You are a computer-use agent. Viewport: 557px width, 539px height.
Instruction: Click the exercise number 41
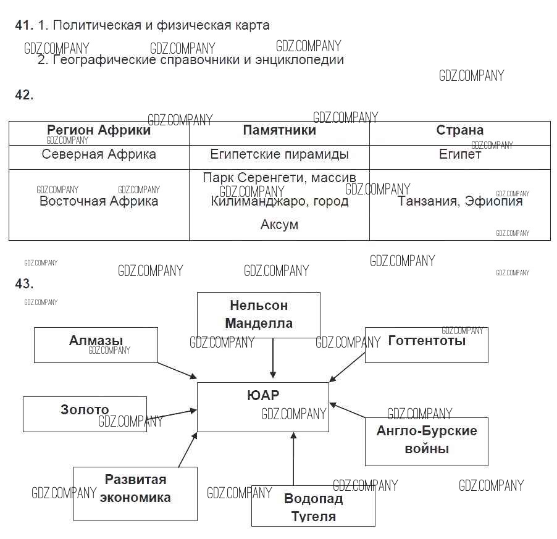(x=23, y=25)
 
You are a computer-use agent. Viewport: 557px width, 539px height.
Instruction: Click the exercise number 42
(x=23, y=95)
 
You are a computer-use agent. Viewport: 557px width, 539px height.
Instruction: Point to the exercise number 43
(x=23, y=283)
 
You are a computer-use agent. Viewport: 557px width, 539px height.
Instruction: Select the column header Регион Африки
(x=99, y=130)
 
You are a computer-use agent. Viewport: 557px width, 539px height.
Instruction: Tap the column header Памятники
(x=279, y=130)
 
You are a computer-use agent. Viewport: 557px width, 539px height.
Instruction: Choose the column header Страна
(x=459, y=130)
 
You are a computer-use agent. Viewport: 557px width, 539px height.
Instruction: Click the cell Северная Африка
(x=99, y=154)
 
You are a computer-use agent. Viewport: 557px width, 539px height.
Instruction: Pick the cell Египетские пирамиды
(x=279, y=154)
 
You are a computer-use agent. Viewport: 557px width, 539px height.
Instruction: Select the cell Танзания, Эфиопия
(x=460, y=201)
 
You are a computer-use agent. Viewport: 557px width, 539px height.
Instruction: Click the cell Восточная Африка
(x=99, y=201)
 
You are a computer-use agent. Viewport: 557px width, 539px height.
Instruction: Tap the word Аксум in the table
(x=279, y=225)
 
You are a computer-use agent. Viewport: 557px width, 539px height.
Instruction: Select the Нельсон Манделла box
(x=258, y=314)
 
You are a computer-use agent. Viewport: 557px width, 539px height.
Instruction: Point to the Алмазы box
(x=96, y=345)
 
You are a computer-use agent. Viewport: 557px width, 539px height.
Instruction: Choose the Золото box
(x=85, y=414)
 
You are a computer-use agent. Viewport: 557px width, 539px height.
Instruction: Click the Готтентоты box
(x=426, y=345)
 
